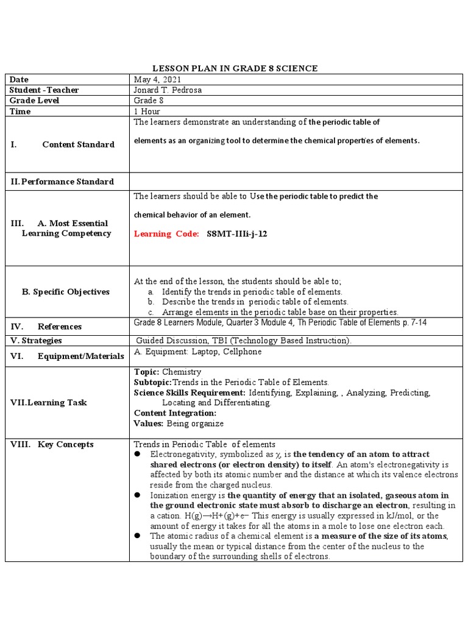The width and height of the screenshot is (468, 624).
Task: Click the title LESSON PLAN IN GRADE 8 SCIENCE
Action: pos(235,68)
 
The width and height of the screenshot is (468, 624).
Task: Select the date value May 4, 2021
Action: pos(157,79)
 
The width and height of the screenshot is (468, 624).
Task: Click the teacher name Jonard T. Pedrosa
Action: pos(168,90)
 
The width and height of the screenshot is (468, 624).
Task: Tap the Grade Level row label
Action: pos(35,100)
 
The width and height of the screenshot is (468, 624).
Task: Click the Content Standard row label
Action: pos(78,144)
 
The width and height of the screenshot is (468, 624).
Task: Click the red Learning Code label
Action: pos(166,234)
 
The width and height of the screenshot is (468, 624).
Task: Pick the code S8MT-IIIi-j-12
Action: pos(237,234)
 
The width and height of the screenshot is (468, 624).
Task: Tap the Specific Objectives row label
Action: pos(66,292)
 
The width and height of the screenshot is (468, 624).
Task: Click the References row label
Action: pos(59,327)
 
